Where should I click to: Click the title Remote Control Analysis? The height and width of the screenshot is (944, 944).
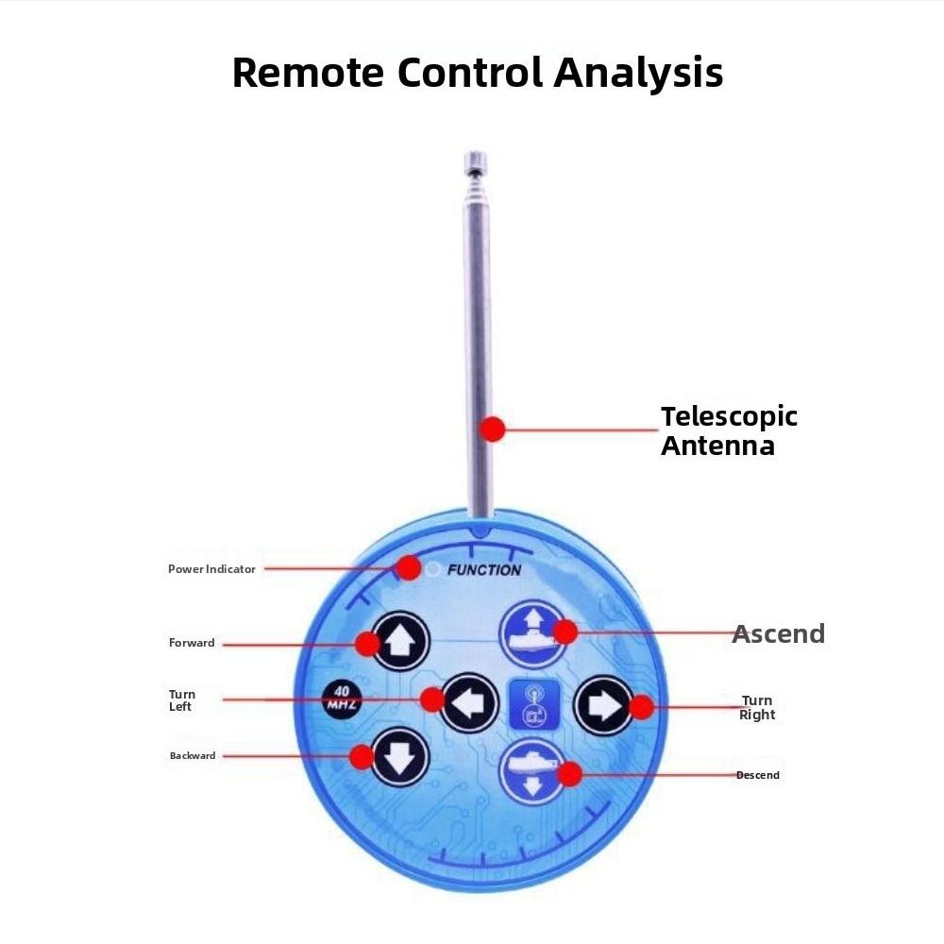click(x=478, y=73)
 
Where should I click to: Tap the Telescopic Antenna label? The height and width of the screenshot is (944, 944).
click(x=729, y=430)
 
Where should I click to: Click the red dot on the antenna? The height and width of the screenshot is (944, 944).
click(x=492, y=430)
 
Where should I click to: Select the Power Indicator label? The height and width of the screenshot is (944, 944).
click(x=211, y=569)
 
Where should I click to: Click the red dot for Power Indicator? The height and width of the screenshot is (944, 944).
click(x=408, y=567)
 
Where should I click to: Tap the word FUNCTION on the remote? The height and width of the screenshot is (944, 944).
click(x=483, y=570)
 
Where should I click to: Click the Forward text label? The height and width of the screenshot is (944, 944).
click(x=192, y=643)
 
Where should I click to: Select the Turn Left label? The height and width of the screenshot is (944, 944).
click(x=182, y=700)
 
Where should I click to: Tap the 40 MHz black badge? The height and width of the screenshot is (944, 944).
click(x=341, y=700)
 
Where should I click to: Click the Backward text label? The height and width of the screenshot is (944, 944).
click(x=193, y=755)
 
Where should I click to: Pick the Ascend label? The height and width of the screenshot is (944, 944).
click(x=778, y=633)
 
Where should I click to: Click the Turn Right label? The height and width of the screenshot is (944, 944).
click(x=757, y=707)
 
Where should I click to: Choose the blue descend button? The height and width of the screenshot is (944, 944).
click(x=531, y=772)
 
